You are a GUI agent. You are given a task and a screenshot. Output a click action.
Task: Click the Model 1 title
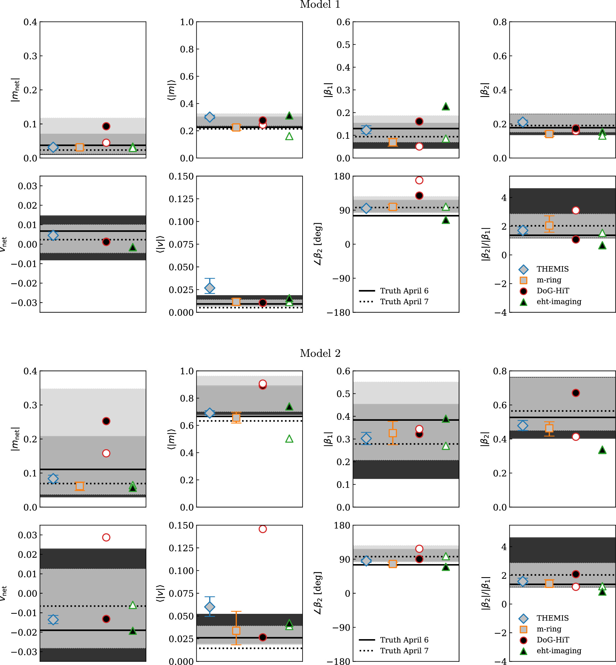click(320, 5)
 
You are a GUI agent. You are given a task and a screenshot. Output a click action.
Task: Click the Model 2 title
click(320, 353)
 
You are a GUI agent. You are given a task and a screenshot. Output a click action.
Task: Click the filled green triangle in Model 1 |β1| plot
click(446, 107)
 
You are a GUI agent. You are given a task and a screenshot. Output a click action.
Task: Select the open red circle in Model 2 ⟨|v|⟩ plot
click(263, 529)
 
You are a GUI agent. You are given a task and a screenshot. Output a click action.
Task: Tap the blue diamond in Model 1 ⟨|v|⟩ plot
click(210, 287)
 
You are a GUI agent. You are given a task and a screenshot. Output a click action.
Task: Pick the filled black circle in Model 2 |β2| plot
click(576, 393)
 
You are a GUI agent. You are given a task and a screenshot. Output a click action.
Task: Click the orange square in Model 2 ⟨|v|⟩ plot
click(236, 630)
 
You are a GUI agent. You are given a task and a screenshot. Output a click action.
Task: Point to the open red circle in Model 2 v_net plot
click(106, 537)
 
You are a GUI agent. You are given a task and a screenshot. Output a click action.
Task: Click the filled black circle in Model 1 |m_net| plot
click(106, 126)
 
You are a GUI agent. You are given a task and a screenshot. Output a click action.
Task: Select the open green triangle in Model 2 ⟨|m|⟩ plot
click(289, 439)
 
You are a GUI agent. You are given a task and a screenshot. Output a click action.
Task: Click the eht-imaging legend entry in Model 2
click(559, 651)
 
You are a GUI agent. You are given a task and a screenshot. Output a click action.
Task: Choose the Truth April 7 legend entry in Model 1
click(404, 301)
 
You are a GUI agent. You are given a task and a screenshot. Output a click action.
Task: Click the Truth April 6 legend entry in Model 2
click(404, 640)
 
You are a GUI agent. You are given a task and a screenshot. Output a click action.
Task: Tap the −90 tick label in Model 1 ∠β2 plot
click(341, 278)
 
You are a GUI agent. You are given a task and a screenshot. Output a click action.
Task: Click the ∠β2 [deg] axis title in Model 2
click(318, 593)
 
